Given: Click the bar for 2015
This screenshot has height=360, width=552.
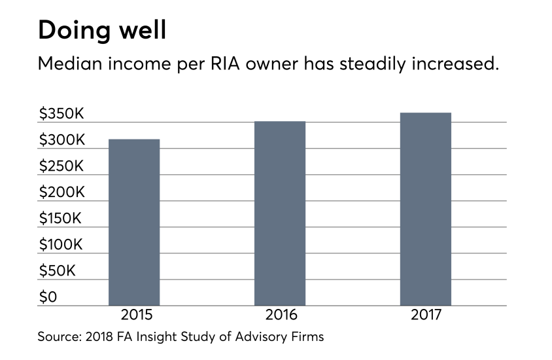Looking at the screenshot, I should [x=134, y=222].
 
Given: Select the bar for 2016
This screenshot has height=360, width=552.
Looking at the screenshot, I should [x=280, y=213].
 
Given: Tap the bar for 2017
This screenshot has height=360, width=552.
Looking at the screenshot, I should [x=426, y=209].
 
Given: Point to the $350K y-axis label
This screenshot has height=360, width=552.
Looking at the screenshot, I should [x=61, y=114].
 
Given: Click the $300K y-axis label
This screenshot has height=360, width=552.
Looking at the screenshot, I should [x=61, y=140].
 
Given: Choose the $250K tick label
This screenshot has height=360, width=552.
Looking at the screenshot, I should [x=61, y=166].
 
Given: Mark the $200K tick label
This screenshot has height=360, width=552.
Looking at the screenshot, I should [x=61, y=192].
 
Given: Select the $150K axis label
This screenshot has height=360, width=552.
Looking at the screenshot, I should [x=61, y=219].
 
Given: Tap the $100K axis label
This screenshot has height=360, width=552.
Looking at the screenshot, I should [x=61, y=245].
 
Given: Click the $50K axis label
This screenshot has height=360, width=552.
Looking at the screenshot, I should [x=58, y=271].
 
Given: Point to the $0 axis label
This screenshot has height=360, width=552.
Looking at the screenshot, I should [x=48, y=297].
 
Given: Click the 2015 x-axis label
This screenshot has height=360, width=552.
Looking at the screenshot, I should [x=134, y=315].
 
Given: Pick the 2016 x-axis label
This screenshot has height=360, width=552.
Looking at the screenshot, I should [x=280, y=315].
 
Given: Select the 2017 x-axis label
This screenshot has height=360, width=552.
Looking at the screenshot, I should [x=426, y=315].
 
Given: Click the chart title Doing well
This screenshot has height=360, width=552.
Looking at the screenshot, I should [x=102, y=31].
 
